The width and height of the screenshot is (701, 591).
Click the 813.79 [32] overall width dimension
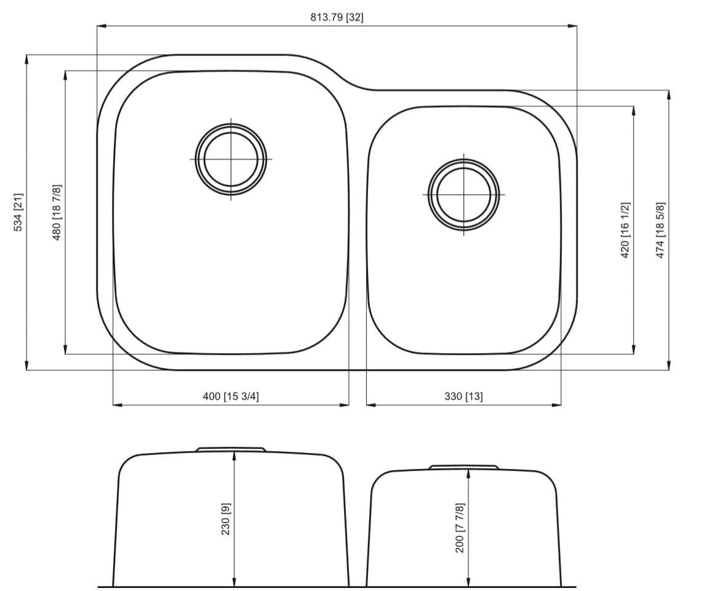[337, 17]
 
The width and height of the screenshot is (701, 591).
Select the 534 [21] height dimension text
[18, 213]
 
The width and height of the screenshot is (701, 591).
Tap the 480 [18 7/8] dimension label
[57, 212]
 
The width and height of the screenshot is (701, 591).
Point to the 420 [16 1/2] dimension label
[625, 230]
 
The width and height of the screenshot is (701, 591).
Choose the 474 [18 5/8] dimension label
[660, 230]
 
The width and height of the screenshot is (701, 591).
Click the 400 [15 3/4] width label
[231, 396]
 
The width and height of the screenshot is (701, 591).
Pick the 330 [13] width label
[463, 396]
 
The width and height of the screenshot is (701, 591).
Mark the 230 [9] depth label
[225, 519]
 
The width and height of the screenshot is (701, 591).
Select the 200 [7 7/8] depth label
[460, 528]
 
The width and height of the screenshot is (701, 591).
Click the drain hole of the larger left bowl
[231, 159]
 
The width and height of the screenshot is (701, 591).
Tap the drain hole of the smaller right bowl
[463, 194]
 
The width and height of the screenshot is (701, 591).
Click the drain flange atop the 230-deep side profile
[231, 449]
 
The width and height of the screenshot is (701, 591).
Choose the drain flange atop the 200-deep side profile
[463, 467]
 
